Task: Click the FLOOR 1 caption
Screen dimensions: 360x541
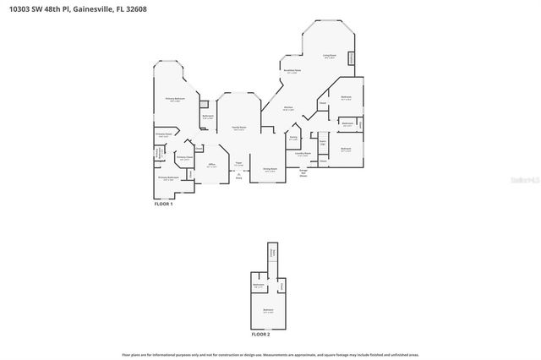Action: tap(163, 204)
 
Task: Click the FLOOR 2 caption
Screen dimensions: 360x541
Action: tap(260, 335)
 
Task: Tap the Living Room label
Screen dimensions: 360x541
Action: tap(329, 57)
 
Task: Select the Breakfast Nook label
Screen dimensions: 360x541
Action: tap(293, 71)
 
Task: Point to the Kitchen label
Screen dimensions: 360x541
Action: tap(287, 108)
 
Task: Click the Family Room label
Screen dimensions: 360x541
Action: tap(238, 128)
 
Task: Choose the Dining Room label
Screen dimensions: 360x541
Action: tap(269, 169)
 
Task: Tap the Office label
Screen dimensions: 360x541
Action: tap(212, 166)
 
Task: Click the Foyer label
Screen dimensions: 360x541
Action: tap(238, 162)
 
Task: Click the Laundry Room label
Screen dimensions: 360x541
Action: tap(303, 154)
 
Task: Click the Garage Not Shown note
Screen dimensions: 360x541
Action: tap(303, 172)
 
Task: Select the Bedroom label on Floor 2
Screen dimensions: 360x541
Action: tap(268, 310)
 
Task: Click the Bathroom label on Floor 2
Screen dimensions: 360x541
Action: tap(259, 286)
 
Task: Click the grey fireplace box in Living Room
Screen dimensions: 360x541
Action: tap(352, 57)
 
